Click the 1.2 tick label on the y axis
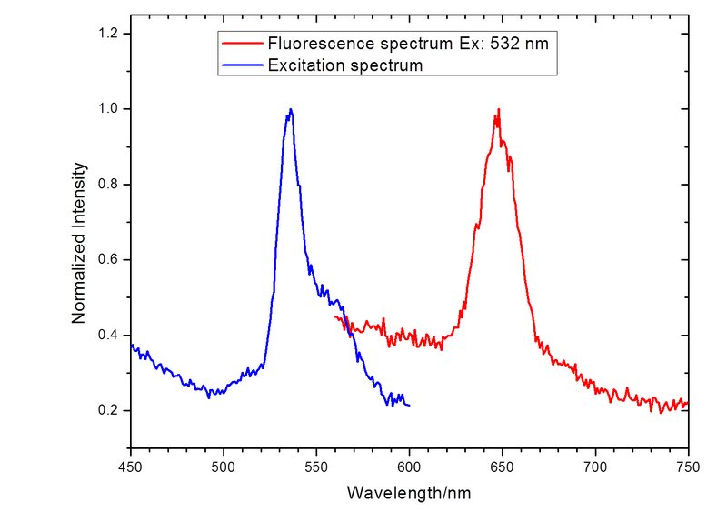pyautogui.click(x=108, y=34)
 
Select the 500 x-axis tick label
pyautogui.click(x=224, y=467)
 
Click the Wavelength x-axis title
pyautogui.click(x=410, y=494)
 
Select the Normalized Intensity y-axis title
pyautogui.click(x=79, y=241)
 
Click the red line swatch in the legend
pyautogui.click(x=241, y=43)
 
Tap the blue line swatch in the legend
pyautogui.click(x=241, y=65)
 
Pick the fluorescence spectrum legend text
pyautogui.click(x=408, y=43)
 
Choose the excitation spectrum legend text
pyautogui.click(x=345, y=65)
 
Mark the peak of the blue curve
pyautogui.click(x=290, y=108)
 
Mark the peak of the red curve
pyautogui.click(x=497, y=110)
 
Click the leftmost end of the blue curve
pyautogui.click(x=133, y=346)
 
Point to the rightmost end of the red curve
pyautogui.click(x=685, y=401)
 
